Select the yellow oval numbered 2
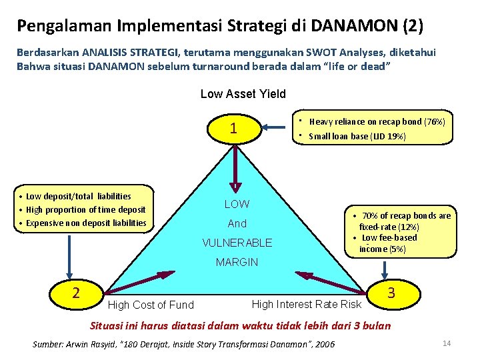point(76,293)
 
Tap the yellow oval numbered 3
point(391,293)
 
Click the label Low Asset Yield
point(243,94)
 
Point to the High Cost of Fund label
point(151,305)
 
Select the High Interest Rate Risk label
point(306,304)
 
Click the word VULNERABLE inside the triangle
point(237,243)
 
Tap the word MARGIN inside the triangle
point(237,262)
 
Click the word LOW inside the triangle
point(237,204)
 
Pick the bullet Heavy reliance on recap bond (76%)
point(377,122)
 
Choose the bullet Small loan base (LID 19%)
point(357,136)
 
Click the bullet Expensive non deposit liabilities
point(86,223)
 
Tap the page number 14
point(447,343)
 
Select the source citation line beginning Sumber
point(184,344)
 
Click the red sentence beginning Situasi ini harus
point(241,325)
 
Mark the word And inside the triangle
point(237,223)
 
